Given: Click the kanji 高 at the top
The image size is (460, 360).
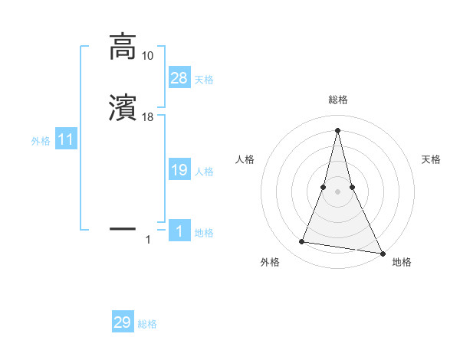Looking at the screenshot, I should (122, 47).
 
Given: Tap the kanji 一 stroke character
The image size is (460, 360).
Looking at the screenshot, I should (122, 227).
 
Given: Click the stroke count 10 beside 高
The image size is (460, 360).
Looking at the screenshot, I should (147, 56).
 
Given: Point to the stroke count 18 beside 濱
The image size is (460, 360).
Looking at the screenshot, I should (148, 117).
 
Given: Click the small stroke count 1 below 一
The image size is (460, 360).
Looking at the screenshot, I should (148, 241).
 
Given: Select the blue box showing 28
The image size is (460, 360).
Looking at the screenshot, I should (179, 77).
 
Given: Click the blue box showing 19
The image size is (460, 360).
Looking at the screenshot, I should (179, 170).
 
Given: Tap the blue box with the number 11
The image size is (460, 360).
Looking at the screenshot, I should (66, 139).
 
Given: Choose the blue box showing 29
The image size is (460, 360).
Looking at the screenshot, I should (123, 322).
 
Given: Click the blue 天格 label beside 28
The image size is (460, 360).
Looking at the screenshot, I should (204, 79).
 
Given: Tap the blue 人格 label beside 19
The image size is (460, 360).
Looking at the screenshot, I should (204, 172).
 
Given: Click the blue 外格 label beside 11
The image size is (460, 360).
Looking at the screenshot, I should (41, 141).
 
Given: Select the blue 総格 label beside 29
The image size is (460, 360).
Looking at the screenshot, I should (147, 324).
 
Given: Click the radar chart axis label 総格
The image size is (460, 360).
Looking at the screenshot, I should (337, 100).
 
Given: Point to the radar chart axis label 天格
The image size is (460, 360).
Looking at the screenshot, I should (432, 159).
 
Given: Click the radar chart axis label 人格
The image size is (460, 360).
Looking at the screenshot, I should (245, 159).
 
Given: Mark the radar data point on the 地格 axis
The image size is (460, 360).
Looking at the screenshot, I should (382, 253).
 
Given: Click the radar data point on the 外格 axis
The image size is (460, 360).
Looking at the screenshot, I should (302, 242).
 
